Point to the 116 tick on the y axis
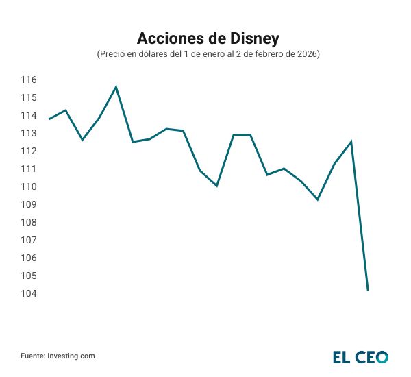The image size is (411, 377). click(28, 80)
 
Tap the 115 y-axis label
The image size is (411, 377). click(28, 98)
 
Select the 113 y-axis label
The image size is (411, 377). click(28, 134)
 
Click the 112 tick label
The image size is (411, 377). click(28, 151)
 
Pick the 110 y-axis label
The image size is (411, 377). click(28, 187)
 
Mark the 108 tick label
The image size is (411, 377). click(28, 223)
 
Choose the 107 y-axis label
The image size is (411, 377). click(28, 241)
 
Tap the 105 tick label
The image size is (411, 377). click(28, 276)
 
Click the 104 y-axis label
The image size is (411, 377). click(28, 294)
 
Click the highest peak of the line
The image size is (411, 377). click(116, 87)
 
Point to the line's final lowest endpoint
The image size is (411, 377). click(368, 290)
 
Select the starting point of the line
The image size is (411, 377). click(49, 119)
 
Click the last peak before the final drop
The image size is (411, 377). click(351, 142)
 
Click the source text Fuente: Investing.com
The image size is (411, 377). click(58, 356)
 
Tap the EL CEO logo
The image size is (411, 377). click(360, 356)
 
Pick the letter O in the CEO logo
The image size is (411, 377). click(381, 356)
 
